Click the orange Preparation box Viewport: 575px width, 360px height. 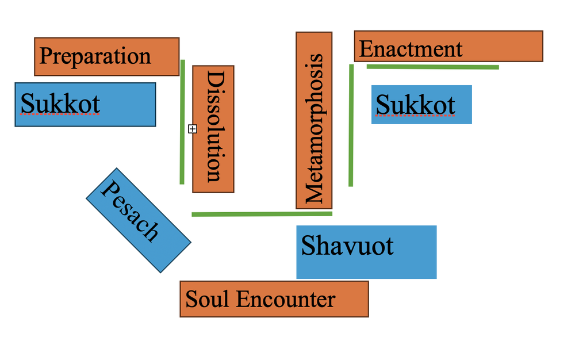(x=106, y=56)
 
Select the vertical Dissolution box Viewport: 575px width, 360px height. (x=213, y=129)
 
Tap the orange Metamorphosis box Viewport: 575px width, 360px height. (x=314, y=120)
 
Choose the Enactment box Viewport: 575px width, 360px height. (x=448, y=47)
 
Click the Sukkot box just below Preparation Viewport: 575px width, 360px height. (x=85, y=104)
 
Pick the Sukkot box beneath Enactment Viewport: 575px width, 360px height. (x=421, y=105)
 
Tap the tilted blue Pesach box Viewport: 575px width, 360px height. (x=138, y=220)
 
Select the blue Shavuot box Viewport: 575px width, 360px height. (x=366, y=252)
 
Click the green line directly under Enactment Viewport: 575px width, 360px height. (x=432, y=67)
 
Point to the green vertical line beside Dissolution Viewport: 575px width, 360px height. (x=182, y=121)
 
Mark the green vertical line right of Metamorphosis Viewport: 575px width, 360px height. (x=351, y=125)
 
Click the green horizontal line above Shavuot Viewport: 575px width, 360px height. (x=262, y=214)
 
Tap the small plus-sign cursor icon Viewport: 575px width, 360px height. (x=193, y=129)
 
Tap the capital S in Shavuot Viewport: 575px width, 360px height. (x=308, y=246)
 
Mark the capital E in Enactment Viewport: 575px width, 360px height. (x=365, y=49)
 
